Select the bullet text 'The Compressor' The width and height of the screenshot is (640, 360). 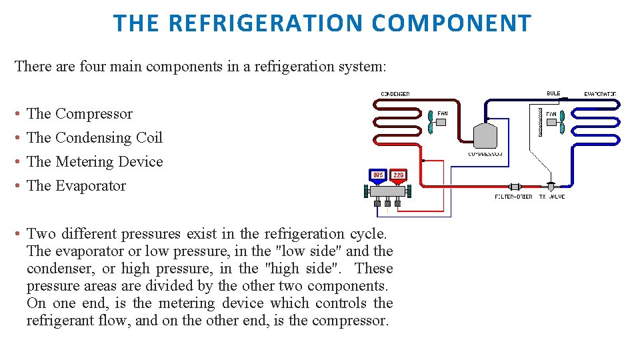[79, 114]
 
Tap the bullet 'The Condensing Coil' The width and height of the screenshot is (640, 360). [94, 138]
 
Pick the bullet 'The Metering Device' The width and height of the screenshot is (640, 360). [95, 162]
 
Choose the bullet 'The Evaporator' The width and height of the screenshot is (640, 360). [76, 186]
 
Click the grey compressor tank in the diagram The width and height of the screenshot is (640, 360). [485, 135]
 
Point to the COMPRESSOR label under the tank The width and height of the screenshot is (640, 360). [485, 154]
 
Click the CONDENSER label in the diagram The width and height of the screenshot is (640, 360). [395, 94]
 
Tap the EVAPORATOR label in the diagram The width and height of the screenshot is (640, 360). [600, 94]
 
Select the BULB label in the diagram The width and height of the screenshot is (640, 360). [553, 93]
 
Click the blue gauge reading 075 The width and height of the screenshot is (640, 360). [378, 175]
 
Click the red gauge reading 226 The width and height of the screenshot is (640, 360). [398, 175]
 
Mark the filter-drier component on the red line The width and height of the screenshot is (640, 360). [515, 187]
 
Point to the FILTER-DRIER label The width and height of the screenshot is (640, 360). [513, 197]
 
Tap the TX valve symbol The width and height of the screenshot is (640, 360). [551, 187]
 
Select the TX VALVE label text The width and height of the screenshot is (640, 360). [551, 197]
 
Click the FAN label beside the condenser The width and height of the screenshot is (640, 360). [443, 114]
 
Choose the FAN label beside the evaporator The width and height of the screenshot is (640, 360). [551, 114]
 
